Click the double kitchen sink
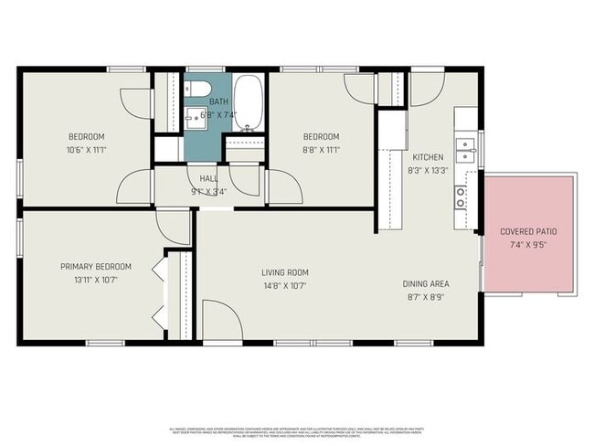pos(464,143)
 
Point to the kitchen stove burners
pos(461,195)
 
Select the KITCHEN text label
pos(428,156)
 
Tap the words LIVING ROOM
pos(285,272)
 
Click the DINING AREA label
pos(426,283)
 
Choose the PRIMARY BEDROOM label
pos(96,267)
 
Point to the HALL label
pos(207,180)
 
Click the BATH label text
pos(219,101)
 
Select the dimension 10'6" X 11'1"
pos(86,149)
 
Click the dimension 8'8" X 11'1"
pos(322,149)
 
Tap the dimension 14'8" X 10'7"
pos(285,285)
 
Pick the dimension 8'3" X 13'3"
pos(428,169)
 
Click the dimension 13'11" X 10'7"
pos(96,280)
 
